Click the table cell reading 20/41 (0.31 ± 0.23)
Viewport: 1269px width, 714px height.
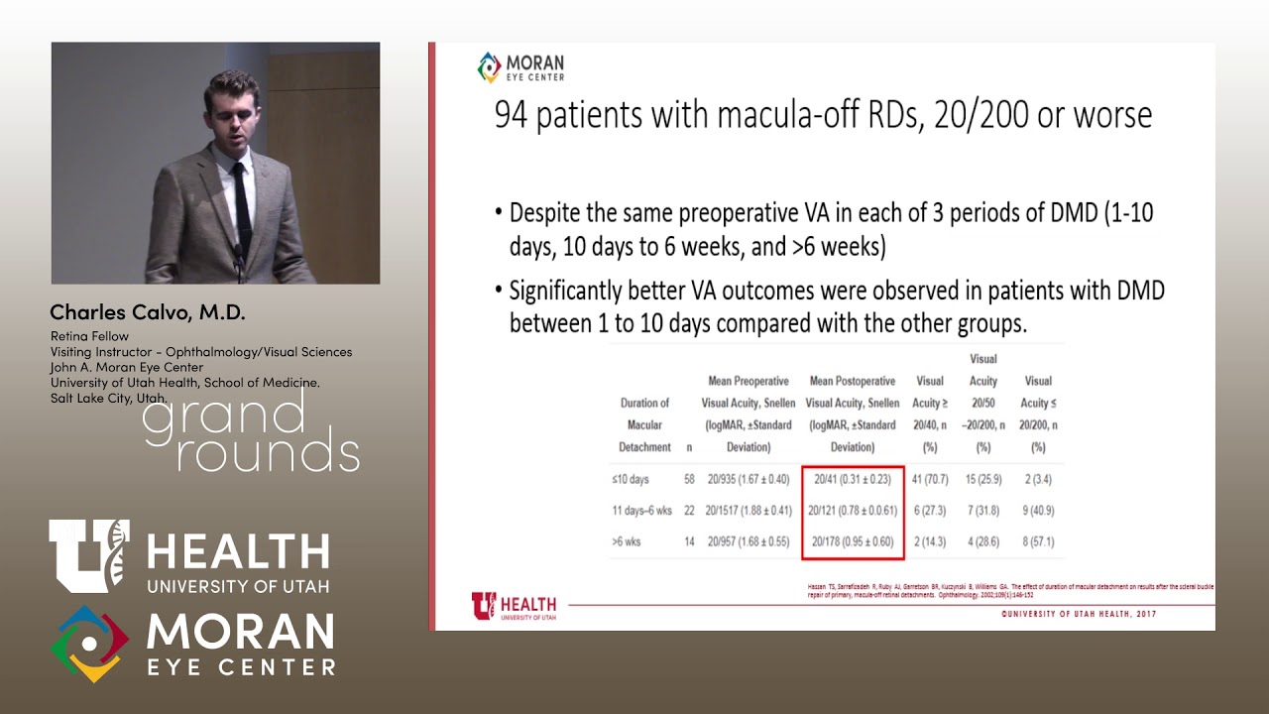(x=852, y=479)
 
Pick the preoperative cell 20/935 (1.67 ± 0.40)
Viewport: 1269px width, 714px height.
(x=749, y=479)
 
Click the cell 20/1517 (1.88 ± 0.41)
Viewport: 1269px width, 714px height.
(x=749, y=511)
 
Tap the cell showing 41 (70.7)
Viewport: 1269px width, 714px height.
(x=930, y=479)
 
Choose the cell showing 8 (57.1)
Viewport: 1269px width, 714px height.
(x=1037, y=542)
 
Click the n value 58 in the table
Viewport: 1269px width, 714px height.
(x=689, y=479)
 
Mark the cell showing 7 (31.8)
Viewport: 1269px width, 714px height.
(x=983, y=511)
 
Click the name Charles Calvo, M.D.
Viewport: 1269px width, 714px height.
(x=148, y=312)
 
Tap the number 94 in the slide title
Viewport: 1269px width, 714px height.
(x=511, y=115)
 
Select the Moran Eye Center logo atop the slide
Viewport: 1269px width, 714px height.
(x=520, y=67)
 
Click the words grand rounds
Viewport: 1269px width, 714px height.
(x=250, y=432)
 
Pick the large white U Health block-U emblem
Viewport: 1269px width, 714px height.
(x=89, y=555)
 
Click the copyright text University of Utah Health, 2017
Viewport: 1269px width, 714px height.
(x=1078, y=614)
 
